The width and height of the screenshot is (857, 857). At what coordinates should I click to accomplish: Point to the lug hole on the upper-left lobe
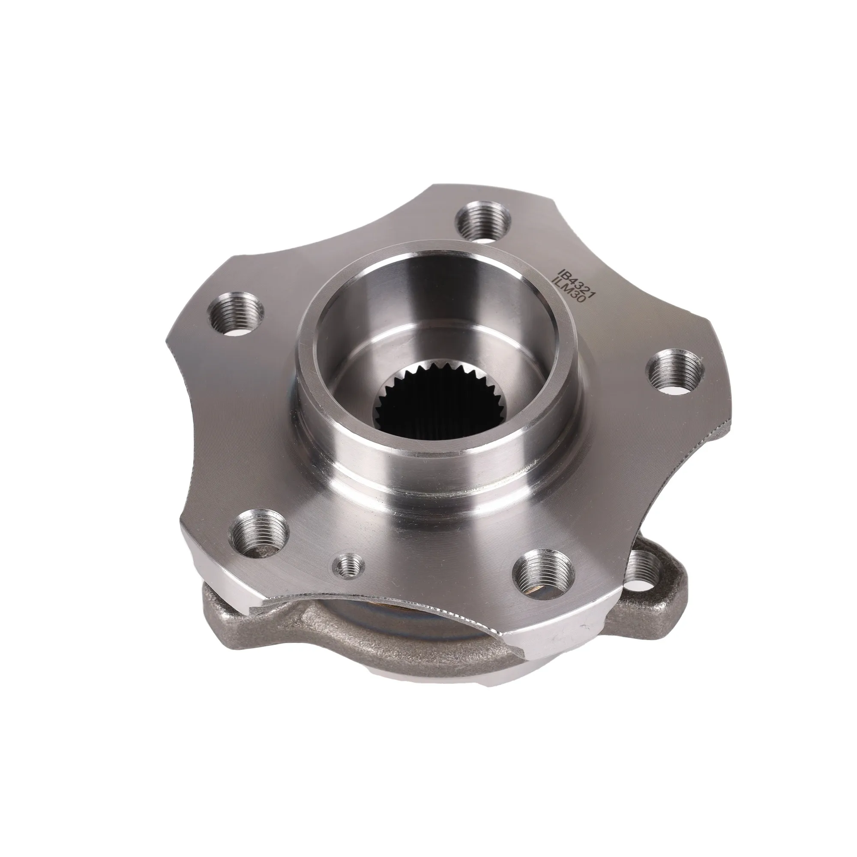(x=236, y=313)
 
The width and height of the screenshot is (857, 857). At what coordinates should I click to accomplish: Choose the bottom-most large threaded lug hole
(x=544, y=571)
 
